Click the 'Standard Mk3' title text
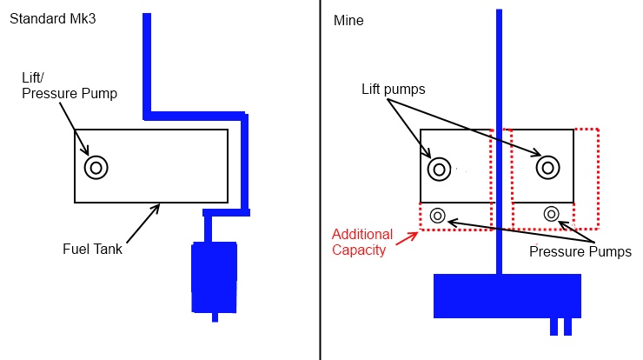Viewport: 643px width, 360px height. click(x=52, y=19)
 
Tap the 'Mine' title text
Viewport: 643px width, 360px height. click(x=348, y=21)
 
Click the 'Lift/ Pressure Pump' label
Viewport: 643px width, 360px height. click(x=70, y=85)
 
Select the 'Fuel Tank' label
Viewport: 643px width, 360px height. click(x=92, y=249)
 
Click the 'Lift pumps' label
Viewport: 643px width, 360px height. click(x=394, y=89)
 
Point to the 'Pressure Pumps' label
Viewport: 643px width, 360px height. click(x=580, y=251)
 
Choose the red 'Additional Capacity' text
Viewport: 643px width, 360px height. click(x=362, y=243)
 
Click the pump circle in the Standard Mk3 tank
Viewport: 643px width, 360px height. click(x=96, y=168)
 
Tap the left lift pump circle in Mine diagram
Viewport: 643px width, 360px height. click(x=439, y=169)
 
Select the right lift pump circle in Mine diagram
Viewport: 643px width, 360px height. click(x=548, y=168)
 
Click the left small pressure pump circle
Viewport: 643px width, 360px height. click(x=438, y=215)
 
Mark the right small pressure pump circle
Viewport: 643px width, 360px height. click(x=552, y=214)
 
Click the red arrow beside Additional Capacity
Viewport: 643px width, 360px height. click(x=407, y=238)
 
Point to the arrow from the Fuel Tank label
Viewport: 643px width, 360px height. click(x=143, y=223)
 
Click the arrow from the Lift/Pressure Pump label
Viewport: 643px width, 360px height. click(x=74, y=129)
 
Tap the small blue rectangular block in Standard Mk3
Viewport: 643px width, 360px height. click(x=214, y=277)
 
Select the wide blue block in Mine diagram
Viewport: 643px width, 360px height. click(x=507, y=296)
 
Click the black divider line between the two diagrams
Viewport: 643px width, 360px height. click(x=320, y=180)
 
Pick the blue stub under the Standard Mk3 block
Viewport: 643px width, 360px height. click(x=215, y=317)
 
